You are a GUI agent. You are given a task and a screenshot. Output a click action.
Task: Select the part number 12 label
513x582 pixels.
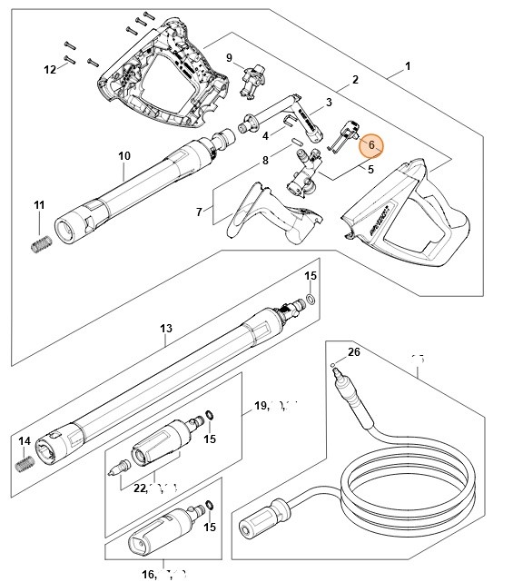(51, 69)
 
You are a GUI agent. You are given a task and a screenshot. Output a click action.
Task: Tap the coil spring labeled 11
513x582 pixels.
(40, 244)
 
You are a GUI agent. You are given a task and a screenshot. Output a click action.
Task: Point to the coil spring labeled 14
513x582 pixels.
(25, 463)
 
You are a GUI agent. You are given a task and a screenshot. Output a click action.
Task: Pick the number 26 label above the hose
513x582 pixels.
(353, 352)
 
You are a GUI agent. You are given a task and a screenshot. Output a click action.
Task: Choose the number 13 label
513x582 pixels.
(165, 329)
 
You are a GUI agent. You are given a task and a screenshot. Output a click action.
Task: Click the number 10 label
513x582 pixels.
(124, 156)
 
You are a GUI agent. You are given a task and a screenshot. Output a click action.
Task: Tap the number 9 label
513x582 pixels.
(230, 58)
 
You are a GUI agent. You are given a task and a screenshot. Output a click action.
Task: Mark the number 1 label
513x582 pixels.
(408, 66)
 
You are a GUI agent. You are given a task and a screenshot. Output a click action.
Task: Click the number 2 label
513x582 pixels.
(355, 80)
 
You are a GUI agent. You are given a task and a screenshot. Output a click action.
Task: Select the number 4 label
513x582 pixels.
(265, 136)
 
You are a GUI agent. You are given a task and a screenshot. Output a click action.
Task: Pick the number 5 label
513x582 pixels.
(371, 169)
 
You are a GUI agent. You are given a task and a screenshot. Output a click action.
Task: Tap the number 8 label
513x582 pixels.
(265, 161)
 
